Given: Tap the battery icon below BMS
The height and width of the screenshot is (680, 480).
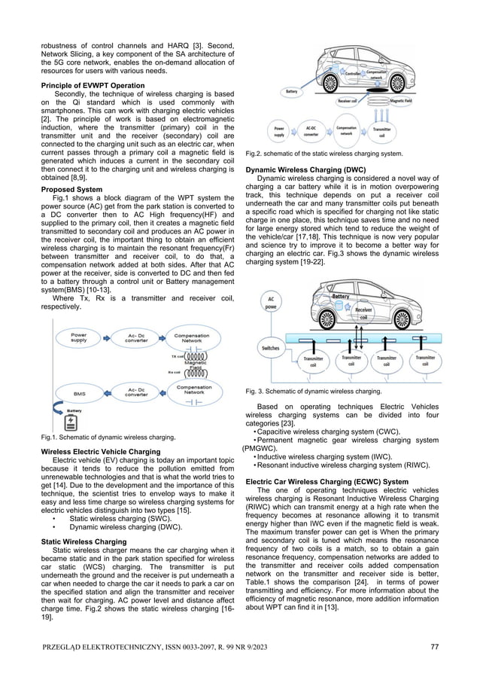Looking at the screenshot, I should click(x=73, y=418).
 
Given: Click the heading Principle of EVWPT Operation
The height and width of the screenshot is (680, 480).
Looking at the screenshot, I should click(x=87, y=86).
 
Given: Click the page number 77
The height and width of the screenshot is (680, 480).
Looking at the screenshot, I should click(x=436, y=647).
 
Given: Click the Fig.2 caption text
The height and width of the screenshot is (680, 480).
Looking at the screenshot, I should click(x=329, y=154).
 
